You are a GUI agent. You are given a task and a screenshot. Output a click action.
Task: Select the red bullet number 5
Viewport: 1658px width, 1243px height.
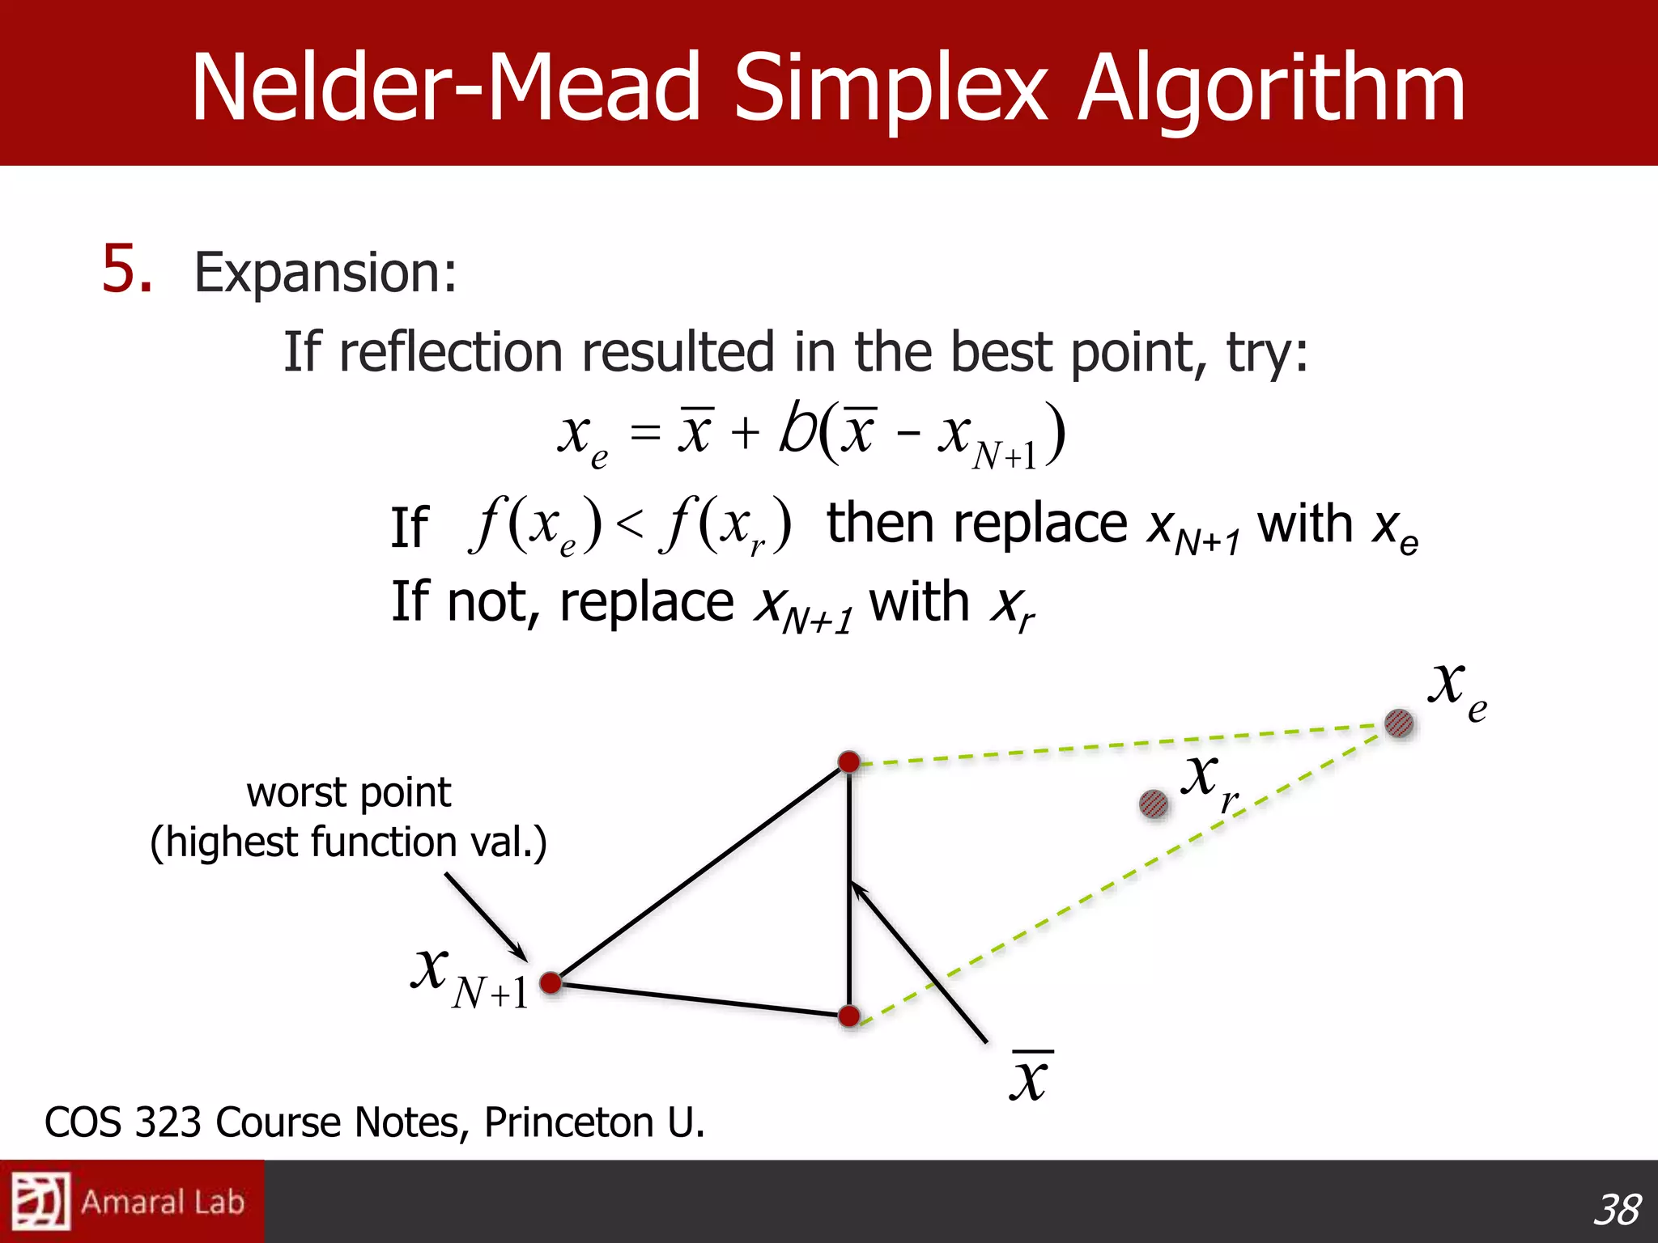(x=126, y=269)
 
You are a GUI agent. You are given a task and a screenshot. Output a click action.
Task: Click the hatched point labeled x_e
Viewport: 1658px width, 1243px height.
(x=1398, y=723)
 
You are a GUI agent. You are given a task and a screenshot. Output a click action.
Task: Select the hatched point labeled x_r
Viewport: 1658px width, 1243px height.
(x=1153, y=804)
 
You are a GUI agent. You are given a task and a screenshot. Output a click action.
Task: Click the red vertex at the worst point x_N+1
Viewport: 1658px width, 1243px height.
(x=551, y=982)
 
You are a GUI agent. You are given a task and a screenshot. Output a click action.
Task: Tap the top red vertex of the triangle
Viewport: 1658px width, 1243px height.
(x=848, y=761)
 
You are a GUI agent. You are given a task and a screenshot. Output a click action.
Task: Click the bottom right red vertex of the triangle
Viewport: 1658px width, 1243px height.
(x=848, y=1016)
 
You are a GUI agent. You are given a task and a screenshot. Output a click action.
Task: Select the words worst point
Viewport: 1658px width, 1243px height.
(x=348, y=792)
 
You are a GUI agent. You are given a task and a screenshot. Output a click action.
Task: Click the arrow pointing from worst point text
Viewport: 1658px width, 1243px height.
(x=486, y=917)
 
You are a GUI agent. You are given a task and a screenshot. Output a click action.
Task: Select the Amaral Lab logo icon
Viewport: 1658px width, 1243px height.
(x=39, y=1201)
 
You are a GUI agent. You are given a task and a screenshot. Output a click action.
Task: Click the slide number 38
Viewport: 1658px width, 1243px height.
(x=1616, y=1209)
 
